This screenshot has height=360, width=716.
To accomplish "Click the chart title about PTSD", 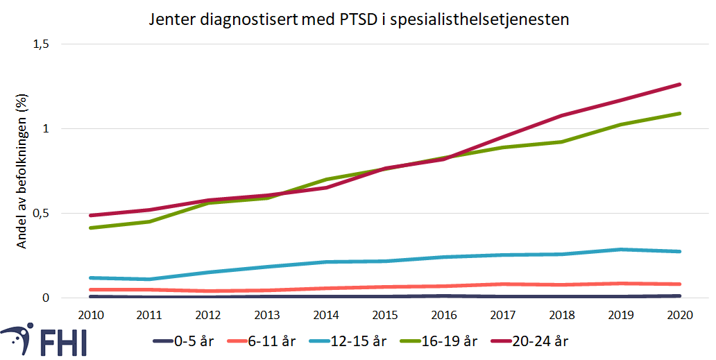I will click(359, 19).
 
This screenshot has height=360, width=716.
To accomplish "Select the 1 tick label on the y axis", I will click(46, 128).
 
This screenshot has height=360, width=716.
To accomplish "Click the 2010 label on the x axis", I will click(92, 314).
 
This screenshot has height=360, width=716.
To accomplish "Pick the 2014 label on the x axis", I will click(327, 314).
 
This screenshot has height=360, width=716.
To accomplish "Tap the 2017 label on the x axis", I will click(503, 314).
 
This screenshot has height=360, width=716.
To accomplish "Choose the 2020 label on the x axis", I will click(679, 314).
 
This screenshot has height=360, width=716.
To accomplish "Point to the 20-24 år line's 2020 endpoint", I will click(679, 85).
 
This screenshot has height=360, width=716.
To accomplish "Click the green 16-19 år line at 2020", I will click(679, 113).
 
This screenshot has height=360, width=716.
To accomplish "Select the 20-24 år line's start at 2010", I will click(92, 215).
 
